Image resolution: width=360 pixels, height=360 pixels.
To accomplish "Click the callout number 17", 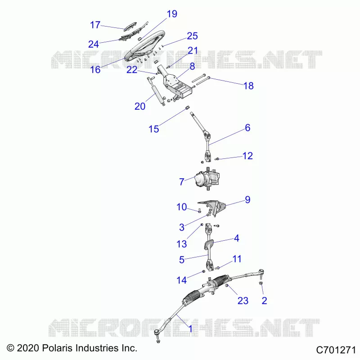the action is coord(95,25).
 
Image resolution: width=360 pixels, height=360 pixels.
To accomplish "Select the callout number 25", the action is coord(192,36).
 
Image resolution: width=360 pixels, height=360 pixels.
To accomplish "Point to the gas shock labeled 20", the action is coord(156,92).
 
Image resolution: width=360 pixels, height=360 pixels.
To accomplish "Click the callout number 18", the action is coord(248,86).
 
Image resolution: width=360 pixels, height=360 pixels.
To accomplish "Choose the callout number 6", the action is coord(247,128).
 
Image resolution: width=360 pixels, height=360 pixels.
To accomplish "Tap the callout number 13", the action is coord(182,244).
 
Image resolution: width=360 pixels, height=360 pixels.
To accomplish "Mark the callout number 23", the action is coord(243,301).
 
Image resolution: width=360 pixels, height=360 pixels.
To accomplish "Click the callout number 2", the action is coord(264,301).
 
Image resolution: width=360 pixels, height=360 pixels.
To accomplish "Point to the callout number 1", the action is coord(190,329).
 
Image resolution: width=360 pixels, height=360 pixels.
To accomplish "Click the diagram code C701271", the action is coord(336,350).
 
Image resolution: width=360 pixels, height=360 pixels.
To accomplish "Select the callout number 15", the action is coord(154,129).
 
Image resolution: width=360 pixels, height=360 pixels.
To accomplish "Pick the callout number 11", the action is coord(237,259).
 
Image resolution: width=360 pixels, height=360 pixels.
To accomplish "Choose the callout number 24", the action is coord(94,44).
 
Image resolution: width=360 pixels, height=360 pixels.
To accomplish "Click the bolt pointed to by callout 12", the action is coord(217,159).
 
